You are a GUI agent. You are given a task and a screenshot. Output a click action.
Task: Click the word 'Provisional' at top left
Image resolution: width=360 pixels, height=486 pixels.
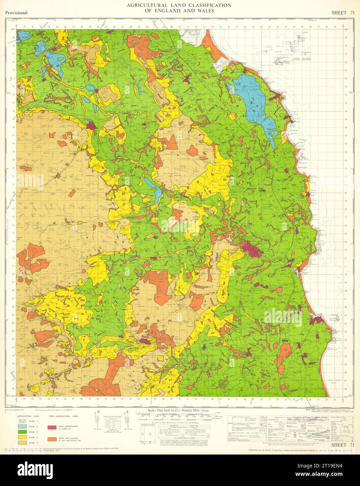(16, 13)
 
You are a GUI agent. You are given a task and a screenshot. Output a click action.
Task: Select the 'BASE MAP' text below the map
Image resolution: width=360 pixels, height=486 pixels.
(310, 409)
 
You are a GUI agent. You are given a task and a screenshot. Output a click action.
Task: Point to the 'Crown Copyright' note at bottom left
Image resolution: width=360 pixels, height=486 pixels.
(14, 409)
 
